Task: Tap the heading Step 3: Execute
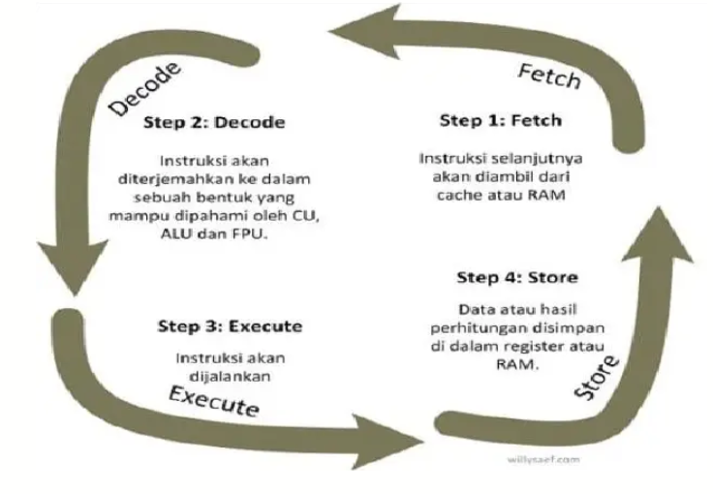click(x=230, y=326)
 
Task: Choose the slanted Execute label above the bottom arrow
click(x=214, y=398)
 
